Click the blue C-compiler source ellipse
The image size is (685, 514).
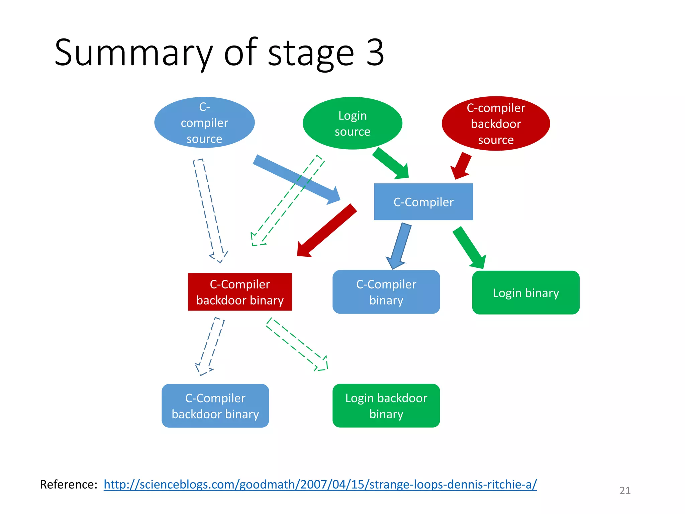click(x=204, y=122)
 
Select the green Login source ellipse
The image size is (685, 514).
click(x=352, y=123)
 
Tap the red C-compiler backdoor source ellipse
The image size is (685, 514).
click(x=496, y=123)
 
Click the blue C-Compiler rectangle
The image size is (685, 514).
click(x=423, y=202)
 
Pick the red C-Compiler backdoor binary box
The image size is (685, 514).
click(x=240, y=292)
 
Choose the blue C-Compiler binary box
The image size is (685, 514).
click(x=386, y=292)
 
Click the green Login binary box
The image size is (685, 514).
click(x=526, y=292)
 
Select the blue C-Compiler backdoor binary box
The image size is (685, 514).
click(x=215, y=406)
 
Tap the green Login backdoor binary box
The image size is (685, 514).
click(x=386, y=406)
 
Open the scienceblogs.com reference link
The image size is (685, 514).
click(x=320, y=484)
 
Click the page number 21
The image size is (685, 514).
click(x=625, y=490)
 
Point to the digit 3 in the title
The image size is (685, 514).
click(x=375, y=53)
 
